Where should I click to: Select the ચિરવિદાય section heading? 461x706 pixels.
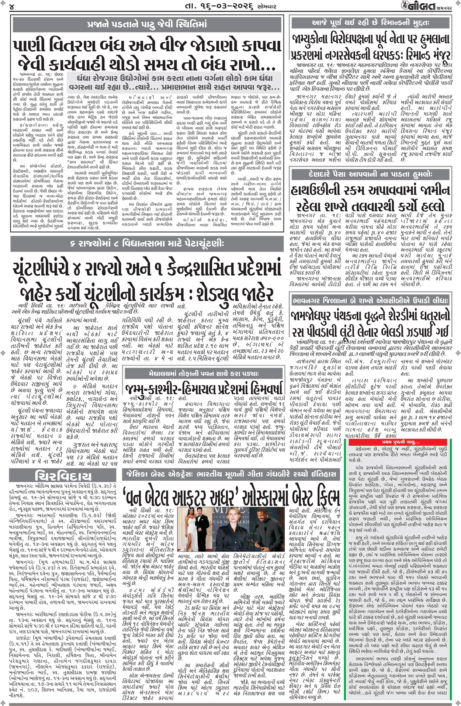(x=63, y=475)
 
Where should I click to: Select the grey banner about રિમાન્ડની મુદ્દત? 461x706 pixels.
(x=370, y=23)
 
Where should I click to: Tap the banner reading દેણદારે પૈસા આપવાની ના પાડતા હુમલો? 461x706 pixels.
(x=370, y=174)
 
